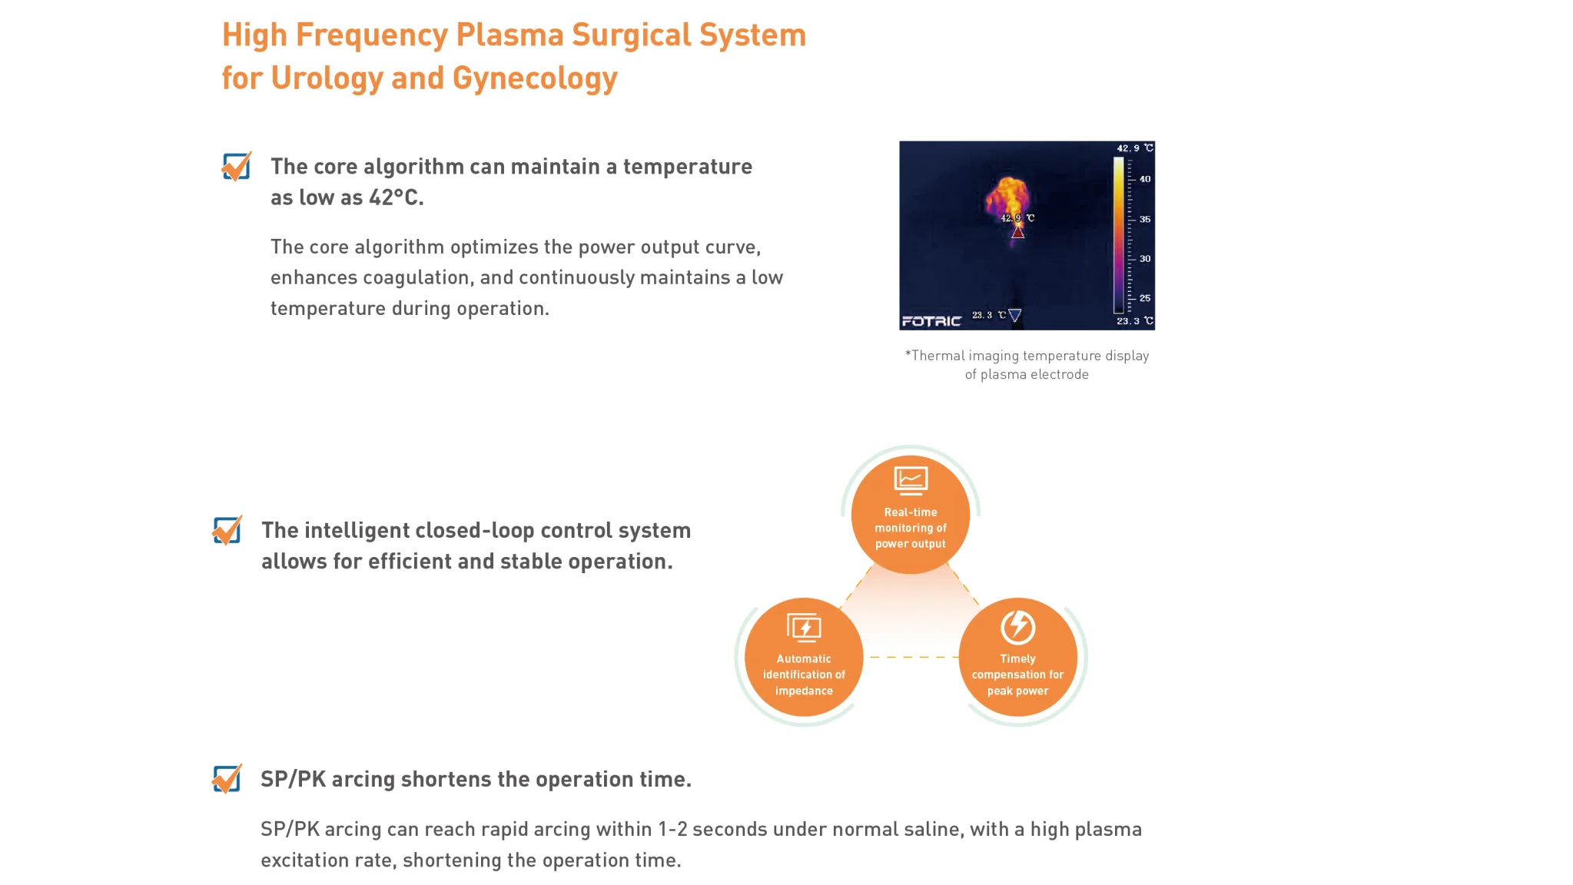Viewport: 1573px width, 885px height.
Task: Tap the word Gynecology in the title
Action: (x=535, y=79)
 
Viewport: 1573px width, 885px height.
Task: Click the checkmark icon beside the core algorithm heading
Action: (x=236, y=166)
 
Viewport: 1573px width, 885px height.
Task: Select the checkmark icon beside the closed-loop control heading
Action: (x=227, y=530)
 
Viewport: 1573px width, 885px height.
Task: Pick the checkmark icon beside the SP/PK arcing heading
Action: (x=227, y=778)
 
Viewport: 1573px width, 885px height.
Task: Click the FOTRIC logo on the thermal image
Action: (x=931, y=321)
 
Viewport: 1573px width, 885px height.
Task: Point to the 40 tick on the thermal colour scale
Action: (x=1144, y=179)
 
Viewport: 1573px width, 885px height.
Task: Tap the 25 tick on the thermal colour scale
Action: (x=1144, y=298)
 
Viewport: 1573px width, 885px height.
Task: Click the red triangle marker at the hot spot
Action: (x=1017, y=231)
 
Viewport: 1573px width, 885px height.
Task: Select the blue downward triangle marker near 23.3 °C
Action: (x=1014, y=315)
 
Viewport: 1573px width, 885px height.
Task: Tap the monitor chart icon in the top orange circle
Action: (x=911, y=480)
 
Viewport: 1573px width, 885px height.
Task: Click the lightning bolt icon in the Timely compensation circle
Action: (x=1017, y=627)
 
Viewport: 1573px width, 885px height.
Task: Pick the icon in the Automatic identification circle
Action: (x=804, y=628)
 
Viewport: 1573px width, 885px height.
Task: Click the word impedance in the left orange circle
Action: (x=804, y=691)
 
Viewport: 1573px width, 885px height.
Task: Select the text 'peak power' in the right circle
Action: (x=1017, y=691)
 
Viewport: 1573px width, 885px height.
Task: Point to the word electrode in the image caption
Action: (x=1060, y=375)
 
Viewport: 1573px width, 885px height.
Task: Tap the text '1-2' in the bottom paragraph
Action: (x=672, y=830)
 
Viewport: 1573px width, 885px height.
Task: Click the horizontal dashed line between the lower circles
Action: (x=911, y=657)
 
